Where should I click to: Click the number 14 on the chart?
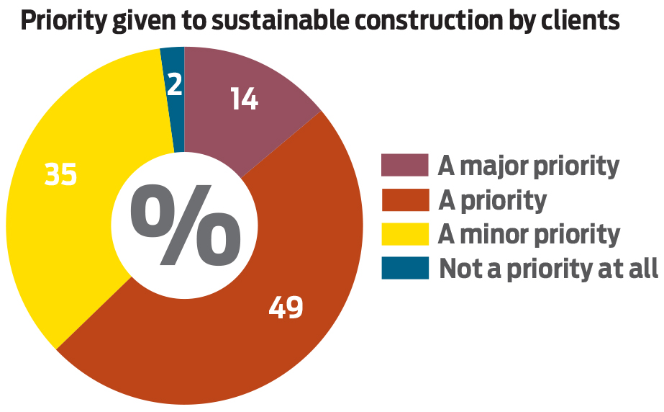(x=244, y=99)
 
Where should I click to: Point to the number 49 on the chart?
(x=286, y=308)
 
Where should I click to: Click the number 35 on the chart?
(x=60, y=175)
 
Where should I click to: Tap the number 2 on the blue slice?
(x=174, y=86)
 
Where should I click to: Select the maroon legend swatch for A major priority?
(x=405, y=166)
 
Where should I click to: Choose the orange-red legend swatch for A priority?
(x=405, y=200)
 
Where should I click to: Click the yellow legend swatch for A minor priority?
(x=405, y=233)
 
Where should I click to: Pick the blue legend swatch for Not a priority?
(x=405, y=268)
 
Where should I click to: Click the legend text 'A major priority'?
(x=528, y=166)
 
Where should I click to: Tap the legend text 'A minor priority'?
(x=529, y=234)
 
